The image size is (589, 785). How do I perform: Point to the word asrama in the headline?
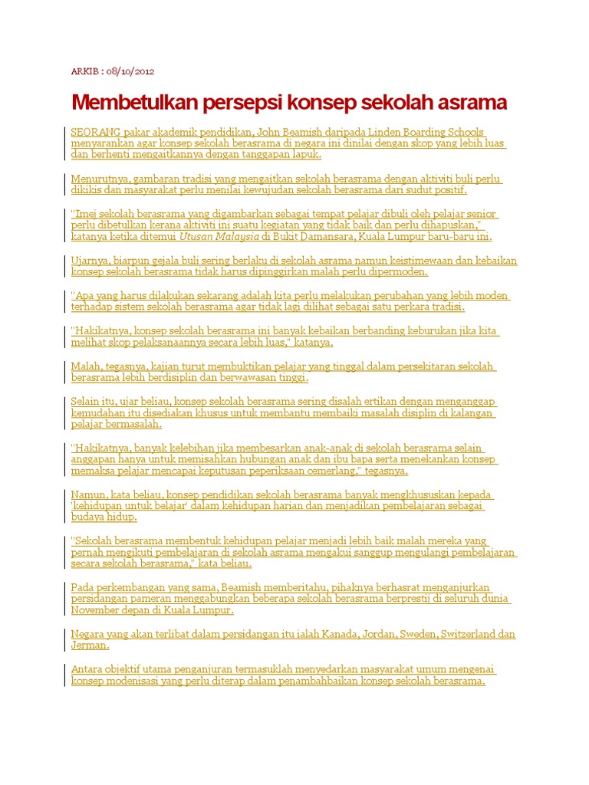coord(471,103)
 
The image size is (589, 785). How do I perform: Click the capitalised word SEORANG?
coord(94,132)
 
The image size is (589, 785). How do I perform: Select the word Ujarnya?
coord(89,261)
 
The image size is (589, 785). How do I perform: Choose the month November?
coord(97,610)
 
